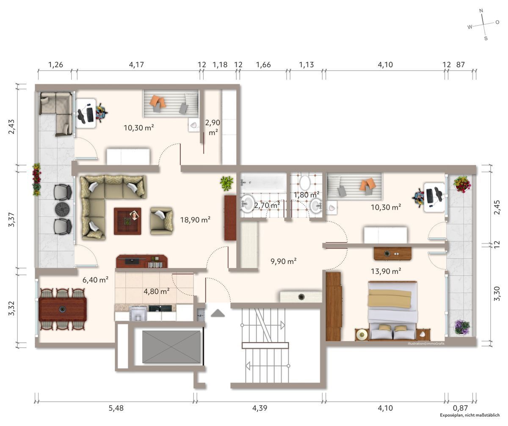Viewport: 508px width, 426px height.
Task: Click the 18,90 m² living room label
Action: point(195,220)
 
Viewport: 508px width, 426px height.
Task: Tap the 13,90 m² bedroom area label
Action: point(385,271)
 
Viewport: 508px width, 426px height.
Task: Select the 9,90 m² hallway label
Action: point(283,261)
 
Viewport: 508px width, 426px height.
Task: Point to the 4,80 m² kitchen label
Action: point(157,291)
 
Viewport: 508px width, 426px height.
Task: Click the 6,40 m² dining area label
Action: point(95,279)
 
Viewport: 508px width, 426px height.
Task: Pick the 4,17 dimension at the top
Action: point(136,65)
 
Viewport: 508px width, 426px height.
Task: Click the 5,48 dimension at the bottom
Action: point(116,408)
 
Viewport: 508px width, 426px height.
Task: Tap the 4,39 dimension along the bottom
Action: point(260,408)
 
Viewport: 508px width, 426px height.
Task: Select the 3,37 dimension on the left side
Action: point(12,219)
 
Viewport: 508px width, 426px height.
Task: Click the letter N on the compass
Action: point(481,11)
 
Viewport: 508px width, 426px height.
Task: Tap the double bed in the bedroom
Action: point(392,310)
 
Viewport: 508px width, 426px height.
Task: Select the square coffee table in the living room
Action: point(127,220)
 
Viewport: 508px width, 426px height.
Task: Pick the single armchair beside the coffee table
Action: point(162,220)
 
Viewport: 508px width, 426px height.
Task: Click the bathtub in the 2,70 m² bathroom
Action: point(264,183)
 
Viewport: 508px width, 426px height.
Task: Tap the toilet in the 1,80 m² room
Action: point(304,182)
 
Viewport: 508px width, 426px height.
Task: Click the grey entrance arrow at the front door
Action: point(218,313)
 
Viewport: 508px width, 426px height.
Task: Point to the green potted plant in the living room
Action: point(226,183)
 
